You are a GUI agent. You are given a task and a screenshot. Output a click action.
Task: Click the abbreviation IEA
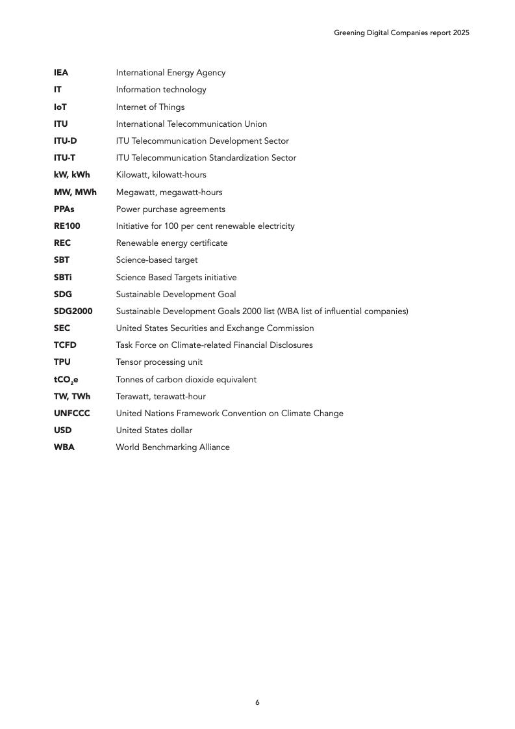pyautogui.click(x=61, y=73)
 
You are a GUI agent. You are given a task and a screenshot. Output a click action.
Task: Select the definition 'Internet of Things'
pyautogui.click(x=150, y=107)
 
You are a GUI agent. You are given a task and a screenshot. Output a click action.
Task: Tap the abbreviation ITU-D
pyautogui.click(x=65, y=140)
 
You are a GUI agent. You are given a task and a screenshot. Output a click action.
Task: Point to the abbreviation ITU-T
pyautogui.click(x=64, y=157)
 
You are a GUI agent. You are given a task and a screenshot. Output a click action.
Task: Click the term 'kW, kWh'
pyautogui.click(x=71, y=174)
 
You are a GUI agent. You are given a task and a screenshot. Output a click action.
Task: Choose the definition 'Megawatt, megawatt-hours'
pyautogui.click(x=169, y=192)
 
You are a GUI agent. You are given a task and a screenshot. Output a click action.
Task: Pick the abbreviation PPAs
pyautogui.click(x=64, y=209)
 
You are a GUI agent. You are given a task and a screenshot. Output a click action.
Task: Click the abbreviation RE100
pyautogui.click(x=67, y=226)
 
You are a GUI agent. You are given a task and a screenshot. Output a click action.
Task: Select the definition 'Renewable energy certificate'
pyautogui.click(x=171, y=243)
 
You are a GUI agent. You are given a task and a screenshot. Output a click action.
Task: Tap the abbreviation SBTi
pyautogui.click(x=63, y=277)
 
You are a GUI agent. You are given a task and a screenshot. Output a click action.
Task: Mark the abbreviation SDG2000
pyautogui.click(x=73, y=311)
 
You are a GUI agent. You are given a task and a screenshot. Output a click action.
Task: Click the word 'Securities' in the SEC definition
pyautogui.click(x=192, y=328)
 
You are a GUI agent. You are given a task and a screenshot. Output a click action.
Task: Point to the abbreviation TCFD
pyautogui.click(x=65, y=345)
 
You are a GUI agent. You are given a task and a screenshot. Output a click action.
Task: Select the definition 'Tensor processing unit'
pyautogui.click(x=159, y=362)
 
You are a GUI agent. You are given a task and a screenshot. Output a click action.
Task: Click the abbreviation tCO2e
pyautogui.click(x=66, y=379)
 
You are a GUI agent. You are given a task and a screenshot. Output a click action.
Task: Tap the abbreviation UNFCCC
pyautogui.click(x=71, y=413)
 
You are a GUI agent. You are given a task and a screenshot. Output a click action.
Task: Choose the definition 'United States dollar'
pyautogui.click(x=154, y=430)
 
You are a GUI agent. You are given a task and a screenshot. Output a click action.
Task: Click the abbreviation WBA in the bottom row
pyautogui.click(x=64, y=447)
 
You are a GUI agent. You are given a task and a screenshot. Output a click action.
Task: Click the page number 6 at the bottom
pyautogui.click(x=257, y=702)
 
